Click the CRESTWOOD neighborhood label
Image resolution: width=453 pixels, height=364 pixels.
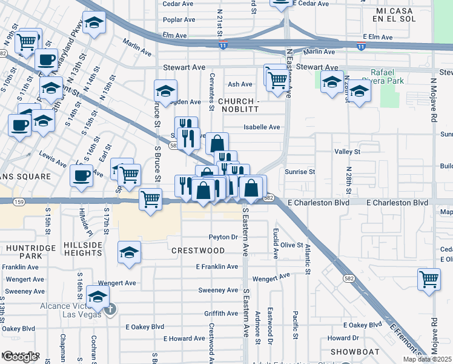[x=197, y=250]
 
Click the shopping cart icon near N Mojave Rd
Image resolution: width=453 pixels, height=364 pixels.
[x=429, y=280]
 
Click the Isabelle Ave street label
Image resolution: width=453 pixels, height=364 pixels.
[x=262, y=127]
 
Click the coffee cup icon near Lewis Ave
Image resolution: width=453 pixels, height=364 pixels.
[x=81, y=176]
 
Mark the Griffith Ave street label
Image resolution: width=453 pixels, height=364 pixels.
[x=221, y=314]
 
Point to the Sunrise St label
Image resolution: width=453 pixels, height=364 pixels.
[x=300, y=172]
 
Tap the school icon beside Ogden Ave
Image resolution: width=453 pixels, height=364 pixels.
[x=165, y=91]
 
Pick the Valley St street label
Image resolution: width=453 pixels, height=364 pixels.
[x=347, y=151]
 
